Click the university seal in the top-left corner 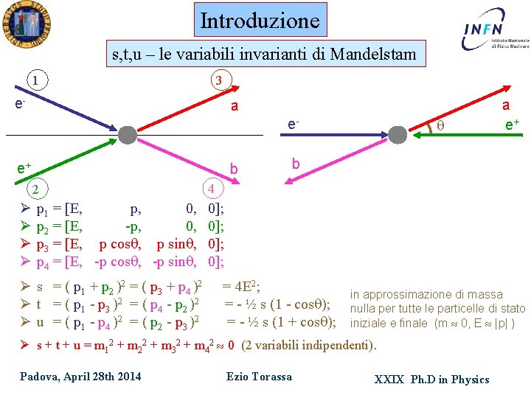click(26, 24)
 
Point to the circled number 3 click(219, 80)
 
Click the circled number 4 click(212, 189)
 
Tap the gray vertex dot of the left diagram click(126, 136)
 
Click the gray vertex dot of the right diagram click(398, 136)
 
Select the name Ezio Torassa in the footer click(259, 377)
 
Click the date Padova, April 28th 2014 click(80, 377)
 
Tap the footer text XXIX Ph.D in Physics click(431, 379)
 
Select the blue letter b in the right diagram click(295, 164)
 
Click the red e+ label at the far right click(511, 125)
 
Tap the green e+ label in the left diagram click(24, 169)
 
